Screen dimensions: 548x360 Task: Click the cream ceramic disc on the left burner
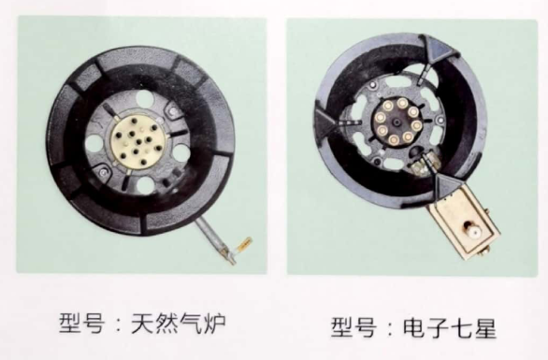tap(137, 141)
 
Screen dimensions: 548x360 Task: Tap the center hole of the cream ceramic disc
tap(139, 141)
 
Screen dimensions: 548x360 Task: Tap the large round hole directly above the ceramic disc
tap(145, 98)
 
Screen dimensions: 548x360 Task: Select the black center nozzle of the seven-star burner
tap(397, 122)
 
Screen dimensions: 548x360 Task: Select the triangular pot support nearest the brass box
tap(449, 184)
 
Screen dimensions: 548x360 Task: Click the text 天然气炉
tap(179, 324)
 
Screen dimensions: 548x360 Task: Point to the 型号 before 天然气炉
tap(81, 324)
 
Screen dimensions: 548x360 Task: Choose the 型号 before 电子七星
tap(353, 327)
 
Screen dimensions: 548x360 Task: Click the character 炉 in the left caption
tap(214, 324)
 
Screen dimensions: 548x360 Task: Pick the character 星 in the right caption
tap(485, 328)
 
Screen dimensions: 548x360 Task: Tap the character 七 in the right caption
tap(462, 328)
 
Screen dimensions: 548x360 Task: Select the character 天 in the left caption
tap(142, 324)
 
